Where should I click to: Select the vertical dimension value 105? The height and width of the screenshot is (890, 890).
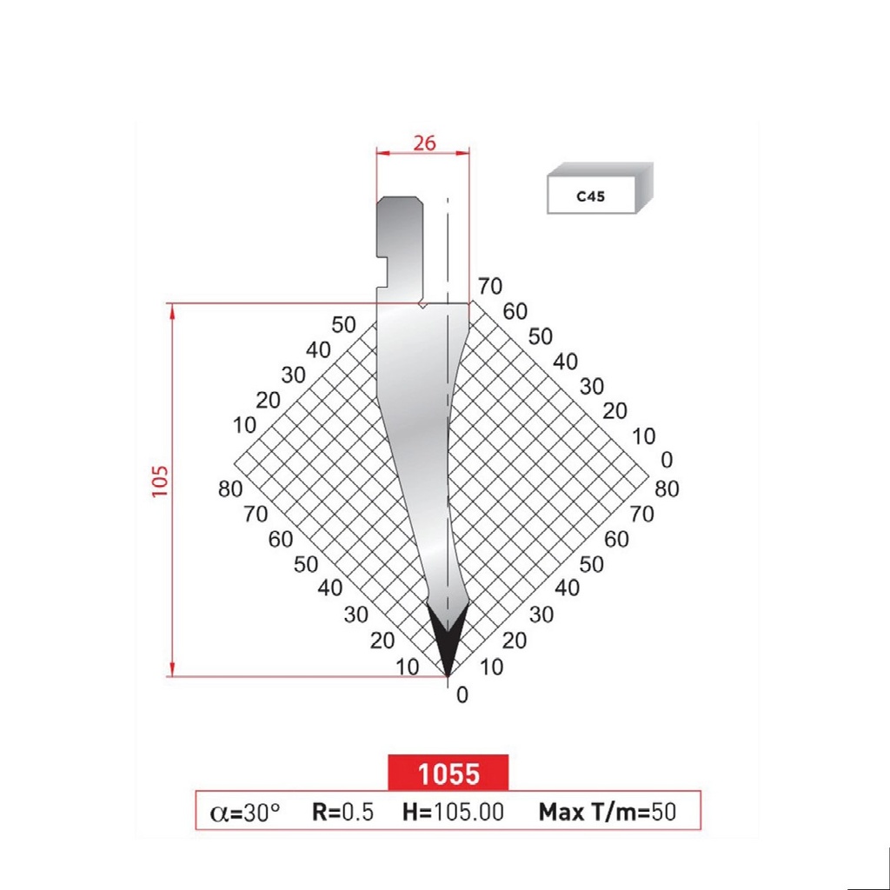(160, 480)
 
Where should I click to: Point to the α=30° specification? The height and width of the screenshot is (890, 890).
(246, 812)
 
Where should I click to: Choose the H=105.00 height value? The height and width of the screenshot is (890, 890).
(453, 812)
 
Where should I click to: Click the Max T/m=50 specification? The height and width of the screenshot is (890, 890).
(607, 812)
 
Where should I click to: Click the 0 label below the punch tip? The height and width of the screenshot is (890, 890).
(462, 694)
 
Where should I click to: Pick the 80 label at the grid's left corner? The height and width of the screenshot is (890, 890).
(230, 489)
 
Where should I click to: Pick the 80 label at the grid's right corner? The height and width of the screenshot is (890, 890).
(667, 489)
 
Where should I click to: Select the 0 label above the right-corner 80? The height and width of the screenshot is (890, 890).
(667, 459)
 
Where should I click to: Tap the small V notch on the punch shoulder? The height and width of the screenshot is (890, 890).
(422, 306)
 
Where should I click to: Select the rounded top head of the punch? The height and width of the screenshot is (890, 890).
(400, 209)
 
